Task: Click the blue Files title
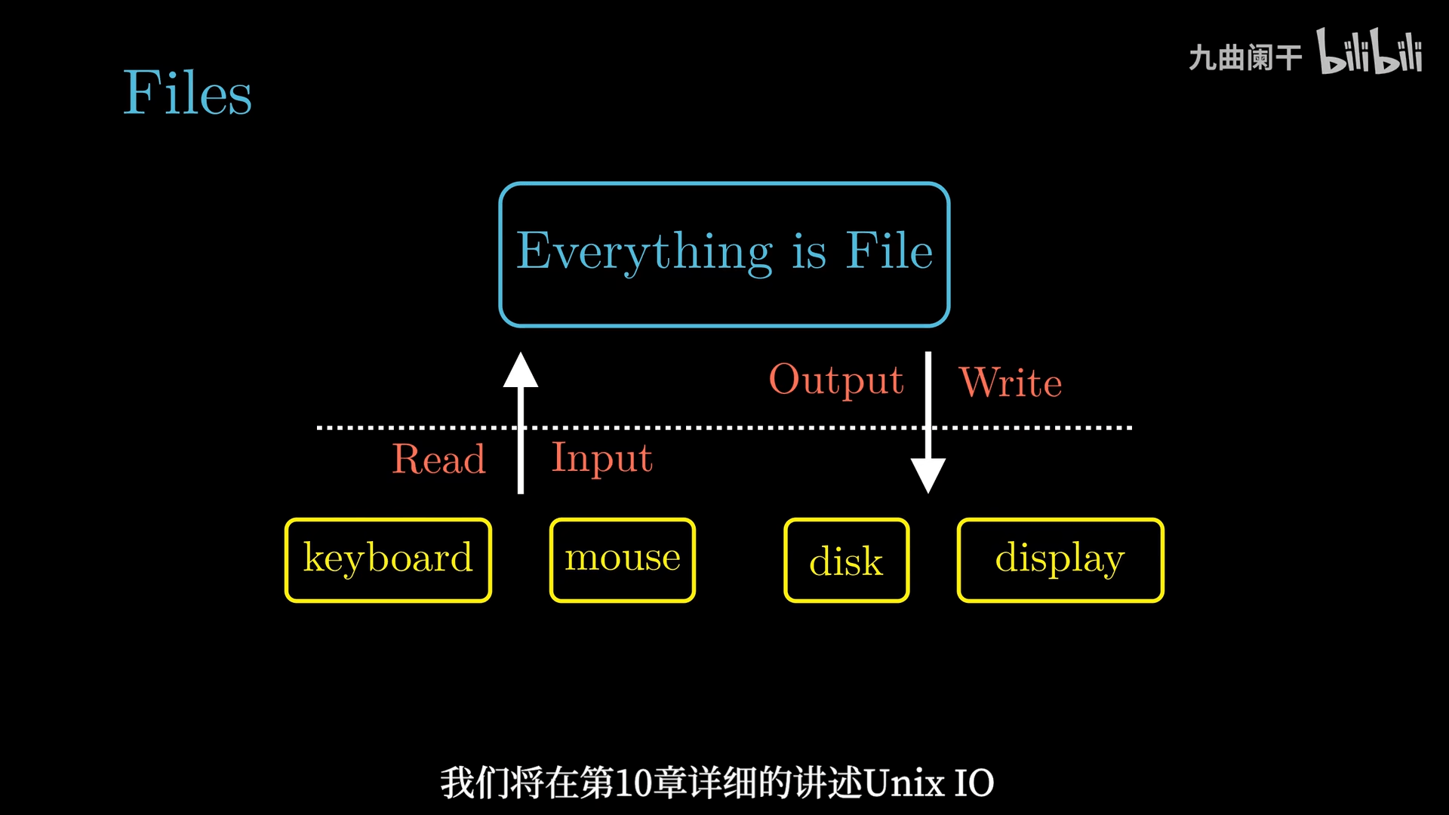point(187,93)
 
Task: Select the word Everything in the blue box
point(645,252)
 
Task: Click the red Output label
point(836,380)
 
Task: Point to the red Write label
point(1011,382)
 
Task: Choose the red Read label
point(438,459)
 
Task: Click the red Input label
point(602,458)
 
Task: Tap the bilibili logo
point(1370,51)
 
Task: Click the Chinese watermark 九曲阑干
point(1245,57)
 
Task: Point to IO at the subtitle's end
point(974,783)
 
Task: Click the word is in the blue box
point(809,252)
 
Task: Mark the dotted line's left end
point(318,428)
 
